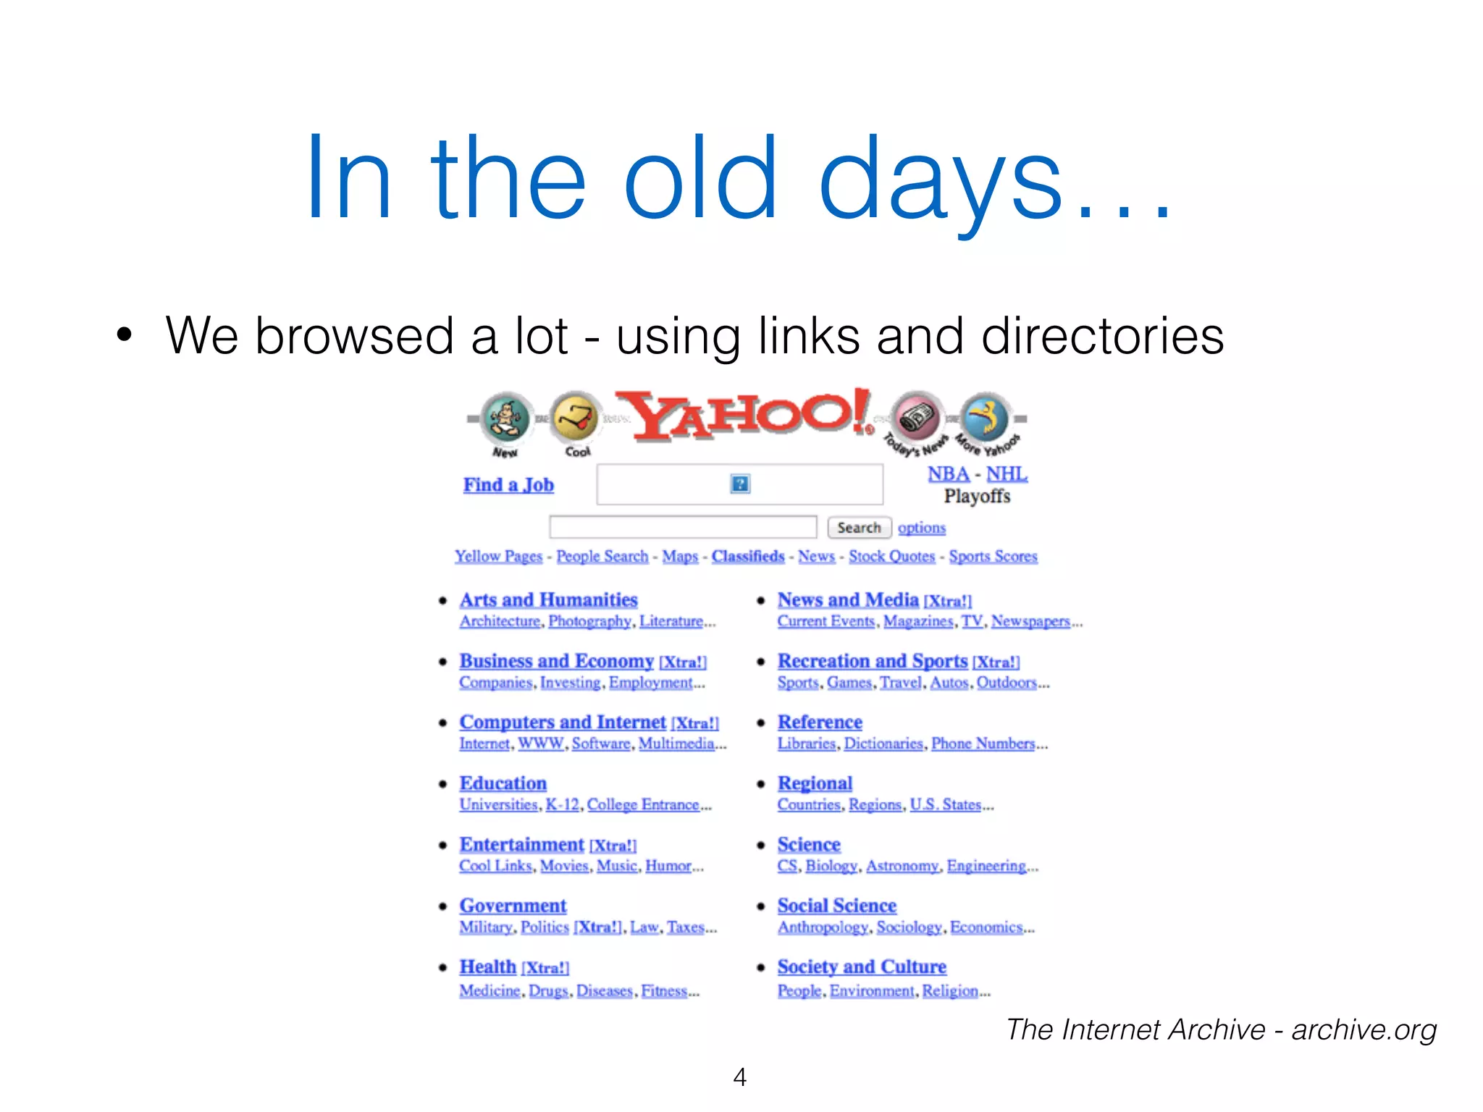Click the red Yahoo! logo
click(x=746, y=416)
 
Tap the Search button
click(x=859, y=528)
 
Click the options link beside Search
click(x=922, y=528)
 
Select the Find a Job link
click(x=508, y=485)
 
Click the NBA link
click(x=948, y=474)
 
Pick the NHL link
click(x=1007, y=474)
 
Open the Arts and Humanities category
click(x=548, y=600)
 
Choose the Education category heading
click(x=503, y=783)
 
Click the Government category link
click(x=513, y=906)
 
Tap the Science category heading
click(x=809, y=845)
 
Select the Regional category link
click(x=815, y=783)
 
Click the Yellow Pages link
click(x=498, y=556)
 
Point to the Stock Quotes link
click(x=891, y=556)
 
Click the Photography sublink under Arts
click(x=589, y=621)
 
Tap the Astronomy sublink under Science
click(x=902, y=866)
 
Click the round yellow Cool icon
click(x=576, y=418)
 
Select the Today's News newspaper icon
click(x=917, y=418)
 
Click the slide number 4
click(x=739, y=1077)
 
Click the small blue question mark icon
click(x=740, y=484)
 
